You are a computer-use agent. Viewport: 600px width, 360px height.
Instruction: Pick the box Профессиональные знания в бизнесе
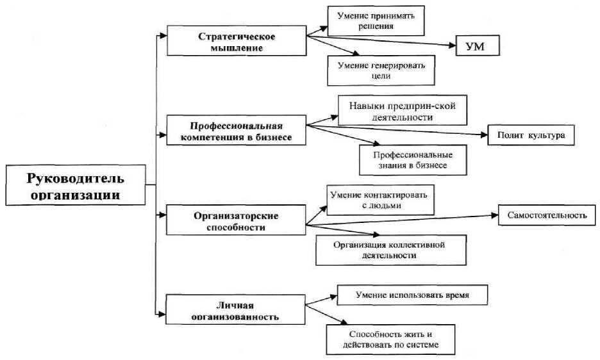[x=412, y=160]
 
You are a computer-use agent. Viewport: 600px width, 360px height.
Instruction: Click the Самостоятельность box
[x=547, y=215]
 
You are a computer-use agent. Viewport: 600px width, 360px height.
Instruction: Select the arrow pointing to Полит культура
[x=397, y=130]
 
